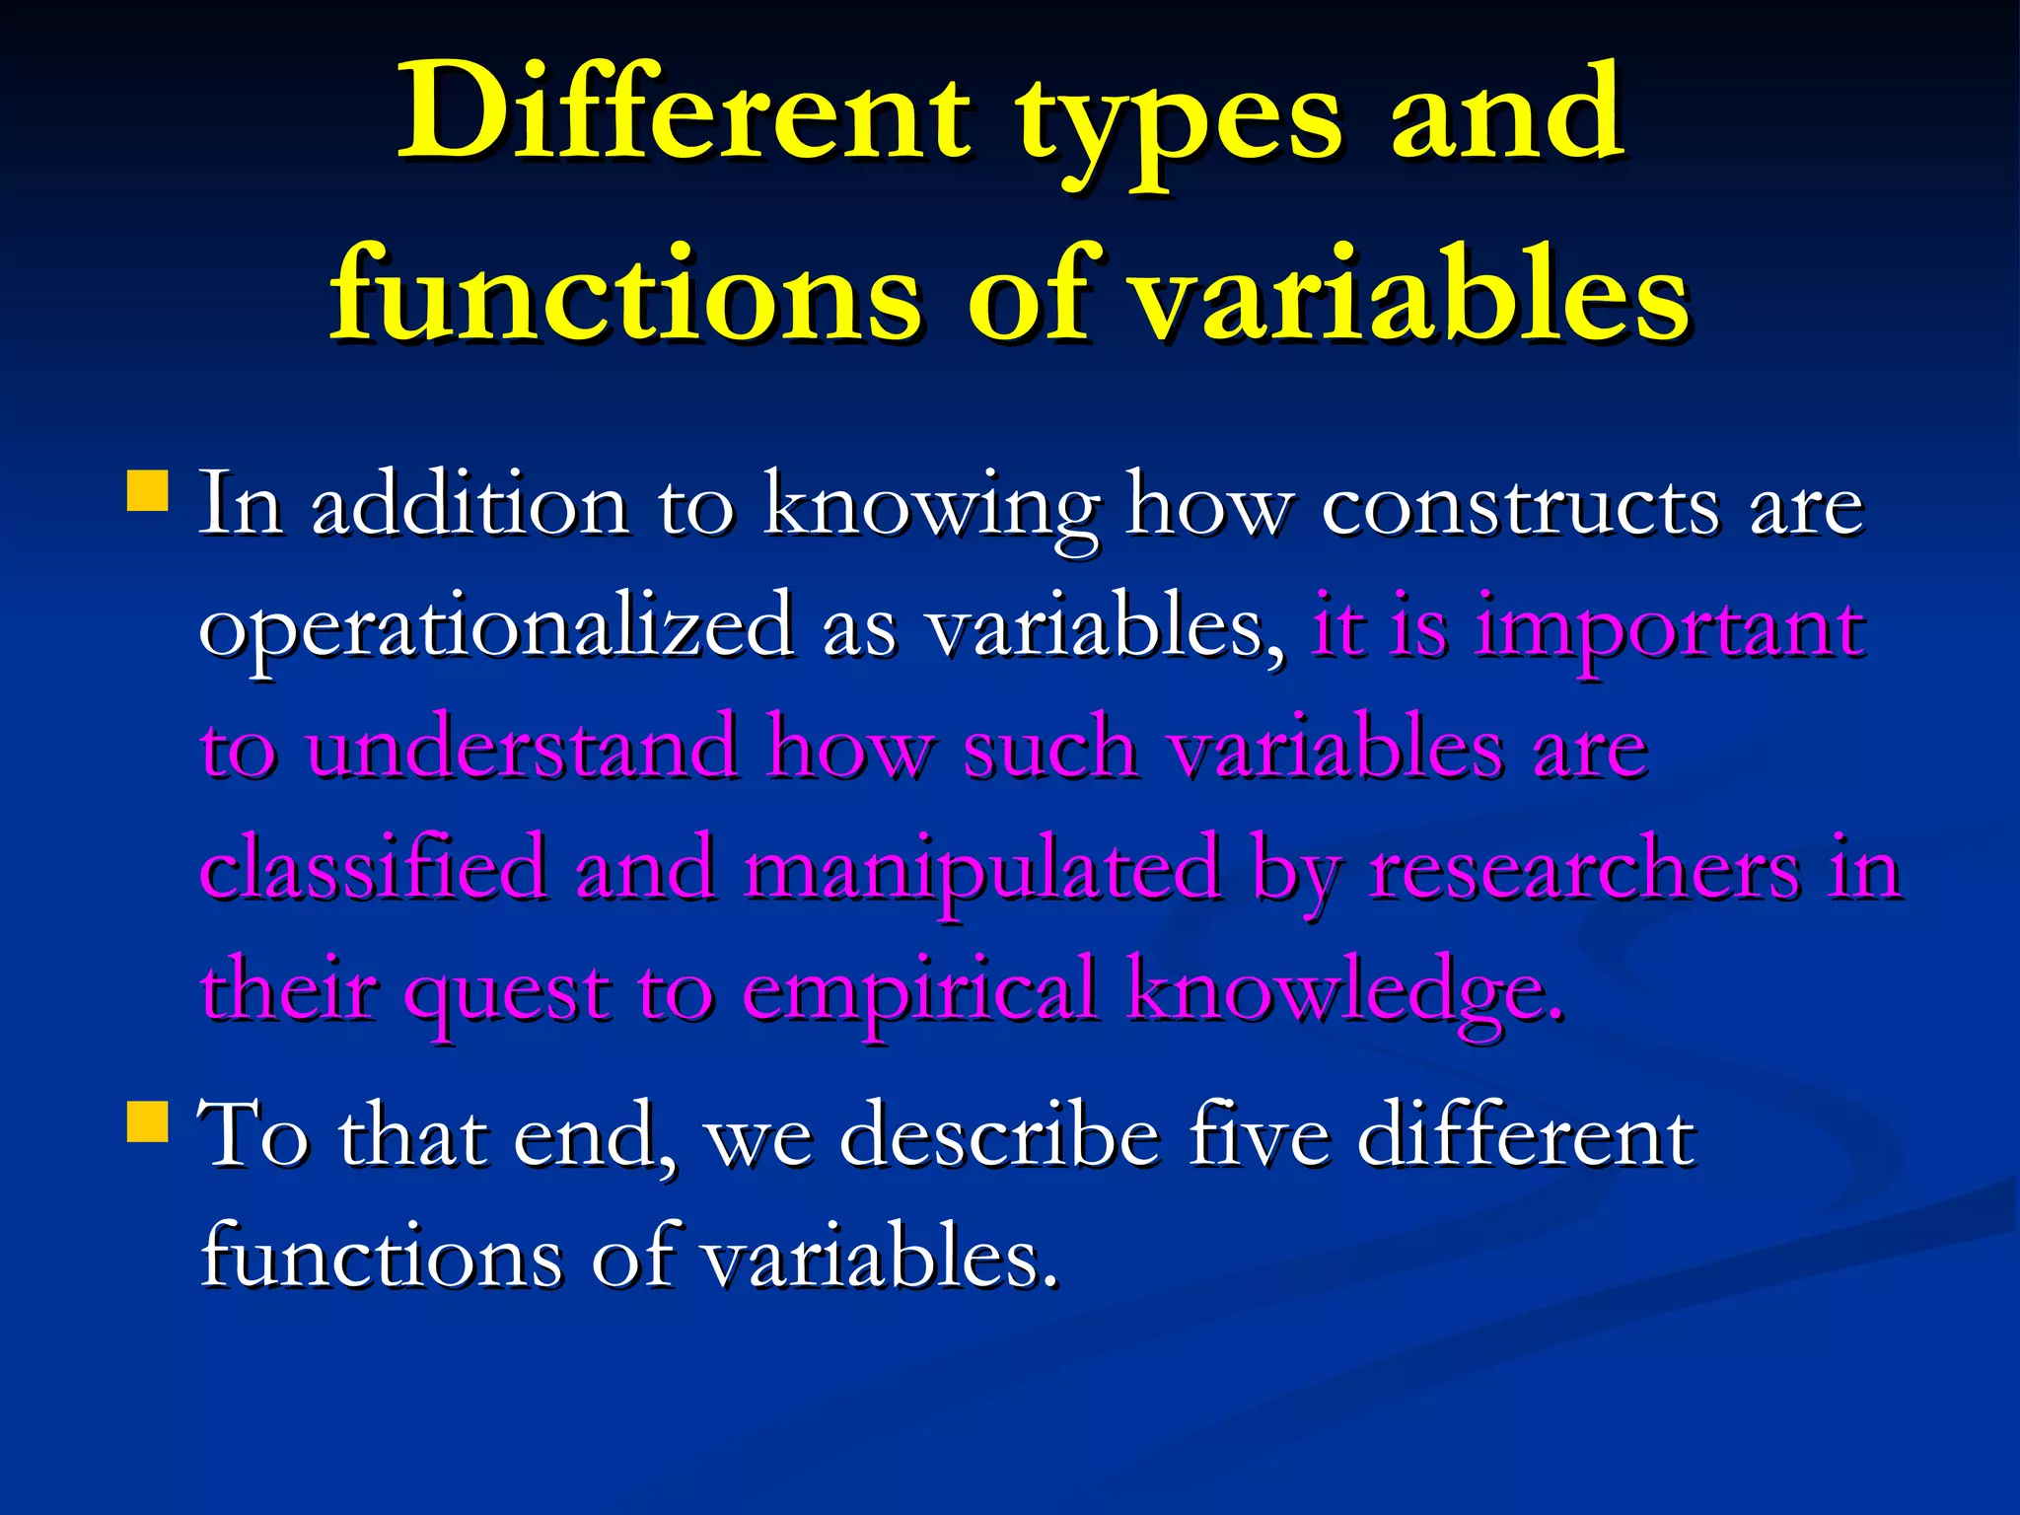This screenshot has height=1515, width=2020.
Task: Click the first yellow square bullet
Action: [148, 489]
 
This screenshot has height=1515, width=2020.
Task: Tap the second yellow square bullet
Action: [148, 1121]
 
